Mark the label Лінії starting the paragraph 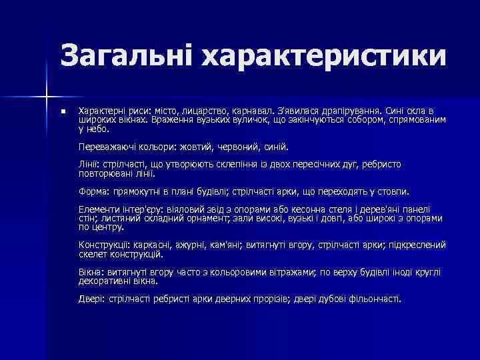pos(88,163)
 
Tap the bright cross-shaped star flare pos(47,91)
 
